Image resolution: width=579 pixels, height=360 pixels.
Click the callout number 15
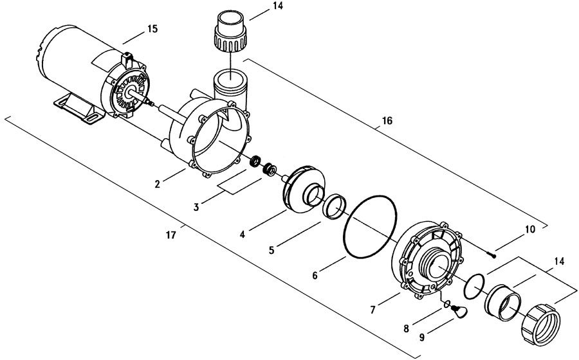coord(152,28)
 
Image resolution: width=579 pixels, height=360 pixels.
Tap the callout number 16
coord(387,121)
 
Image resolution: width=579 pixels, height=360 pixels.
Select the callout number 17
coord(171,235)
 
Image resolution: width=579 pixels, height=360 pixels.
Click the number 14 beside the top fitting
coord(277,6)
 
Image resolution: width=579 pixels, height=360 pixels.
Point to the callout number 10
coord(529,230)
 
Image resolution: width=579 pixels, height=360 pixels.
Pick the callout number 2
coord(158,184)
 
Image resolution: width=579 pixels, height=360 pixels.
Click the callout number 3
coord(196,207)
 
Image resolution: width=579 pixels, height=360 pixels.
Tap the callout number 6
coord(315,275)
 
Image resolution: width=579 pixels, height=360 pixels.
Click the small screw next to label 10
coord(491,255)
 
